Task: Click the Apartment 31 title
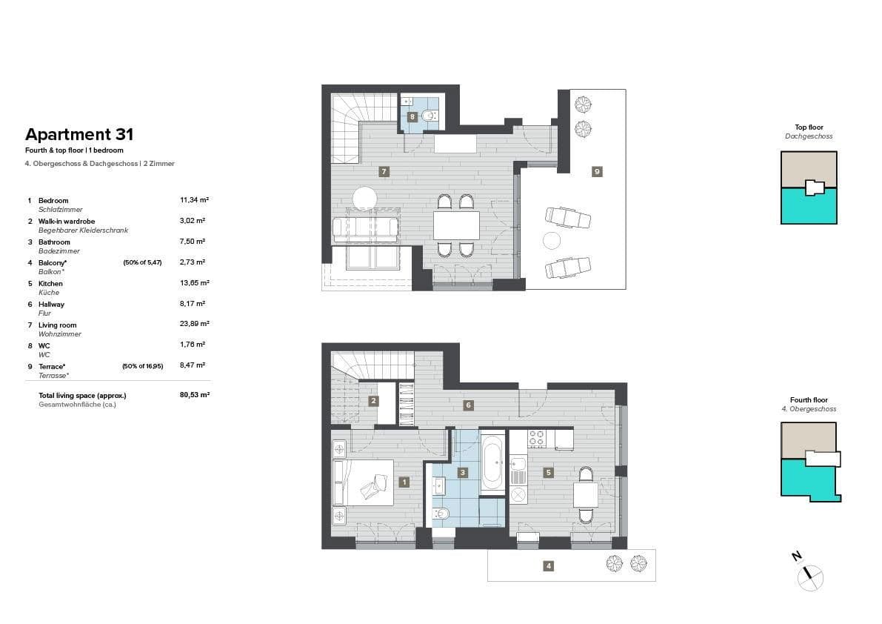point(79,134)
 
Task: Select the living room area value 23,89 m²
point(194,324)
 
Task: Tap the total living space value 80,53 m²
point(194,395)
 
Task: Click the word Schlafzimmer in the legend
point(60,210)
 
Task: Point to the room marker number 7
point(383,171)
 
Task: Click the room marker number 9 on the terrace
point(597,171)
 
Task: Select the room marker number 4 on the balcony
point(548,566)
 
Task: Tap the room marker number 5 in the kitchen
point(548,472)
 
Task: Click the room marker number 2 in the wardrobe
point(373,401)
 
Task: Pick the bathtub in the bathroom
point(492,465)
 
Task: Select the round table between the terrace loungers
point(552,241)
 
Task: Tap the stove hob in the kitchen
point(536,440)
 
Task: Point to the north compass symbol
point(810,575)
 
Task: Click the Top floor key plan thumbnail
point(809,187)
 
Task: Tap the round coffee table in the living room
point(364,199)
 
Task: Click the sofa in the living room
point(365,229)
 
